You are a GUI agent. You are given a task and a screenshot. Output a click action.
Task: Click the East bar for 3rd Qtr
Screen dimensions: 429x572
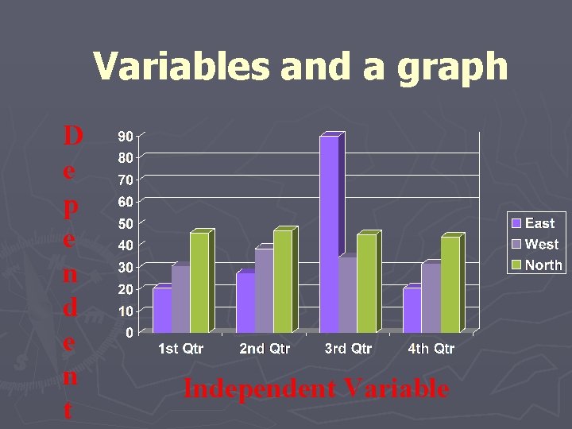[329, 234]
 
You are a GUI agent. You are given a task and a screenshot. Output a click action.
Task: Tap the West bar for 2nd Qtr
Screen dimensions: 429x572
[264, 291]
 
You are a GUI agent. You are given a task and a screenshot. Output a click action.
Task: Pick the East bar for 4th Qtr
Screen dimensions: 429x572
[412, 310]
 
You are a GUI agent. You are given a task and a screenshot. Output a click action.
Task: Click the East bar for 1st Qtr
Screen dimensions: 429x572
[162, 310]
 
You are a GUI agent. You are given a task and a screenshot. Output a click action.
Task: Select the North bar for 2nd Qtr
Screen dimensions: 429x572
[282, 280]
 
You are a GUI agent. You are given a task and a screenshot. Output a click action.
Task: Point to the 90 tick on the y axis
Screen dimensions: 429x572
[126, 137]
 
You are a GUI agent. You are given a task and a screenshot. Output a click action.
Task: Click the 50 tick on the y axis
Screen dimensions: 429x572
[126, 224]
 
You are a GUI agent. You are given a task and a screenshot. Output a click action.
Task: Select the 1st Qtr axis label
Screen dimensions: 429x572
[180, 349]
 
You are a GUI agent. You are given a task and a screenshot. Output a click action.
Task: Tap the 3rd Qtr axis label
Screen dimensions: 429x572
[348, 349]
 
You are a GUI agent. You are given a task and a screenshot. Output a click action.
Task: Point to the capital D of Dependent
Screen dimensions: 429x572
[72, 136]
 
